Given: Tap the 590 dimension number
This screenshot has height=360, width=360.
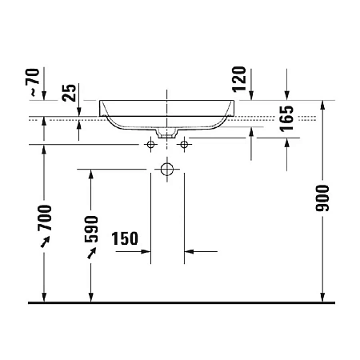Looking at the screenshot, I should (x=92, y=227).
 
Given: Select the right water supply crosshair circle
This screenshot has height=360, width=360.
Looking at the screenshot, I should (x=185, y=145).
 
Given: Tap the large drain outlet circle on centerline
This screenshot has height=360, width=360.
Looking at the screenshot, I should (x=167, y=170).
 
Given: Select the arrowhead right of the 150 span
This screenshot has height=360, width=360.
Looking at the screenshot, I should (x=190, y=252).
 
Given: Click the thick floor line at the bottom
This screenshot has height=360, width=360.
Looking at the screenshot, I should (x=180, y=303).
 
